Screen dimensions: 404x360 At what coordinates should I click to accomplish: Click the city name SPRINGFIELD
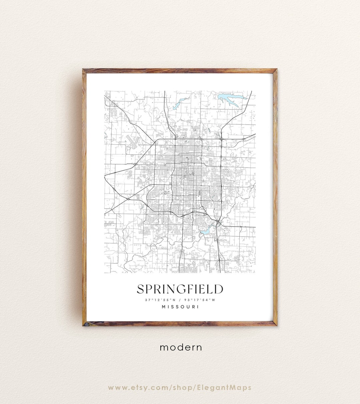click(180, 289)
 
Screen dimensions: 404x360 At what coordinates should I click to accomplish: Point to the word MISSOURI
click(180, 307)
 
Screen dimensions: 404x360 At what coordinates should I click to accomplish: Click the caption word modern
click(181, 347)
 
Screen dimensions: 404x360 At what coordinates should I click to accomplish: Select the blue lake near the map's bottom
click(206, 230)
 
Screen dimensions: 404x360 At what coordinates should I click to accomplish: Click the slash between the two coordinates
click(180, 300)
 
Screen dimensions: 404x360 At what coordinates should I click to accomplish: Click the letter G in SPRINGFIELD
click(181, 289)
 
